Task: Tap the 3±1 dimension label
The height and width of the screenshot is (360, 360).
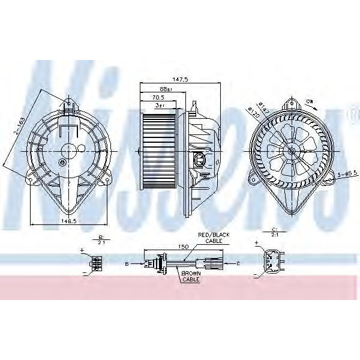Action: [160, 105]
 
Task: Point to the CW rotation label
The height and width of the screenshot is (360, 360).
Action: [310, 100]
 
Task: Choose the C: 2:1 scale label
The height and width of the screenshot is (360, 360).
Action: [274, 233]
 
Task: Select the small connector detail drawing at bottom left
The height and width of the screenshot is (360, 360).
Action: [96, 262]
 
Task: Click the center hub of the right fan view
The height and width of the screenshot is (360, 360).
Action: [292, 151]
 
